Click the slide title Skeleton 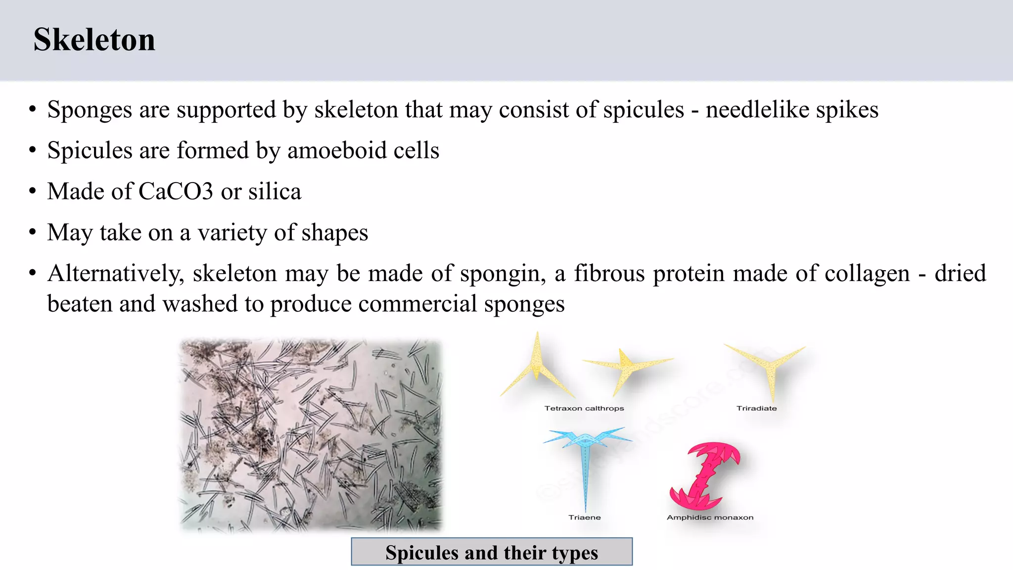(94, 40)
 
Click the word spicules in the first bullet (644, 110)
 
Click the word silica (275, 191)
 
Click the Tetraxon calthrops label (584, 408)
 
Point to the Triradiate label (756, 408)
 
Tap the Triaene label (585, 517)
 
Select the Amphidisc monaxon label (710, 517)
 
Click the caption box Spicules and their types (492, 552)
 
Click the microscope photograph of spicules (310, 434)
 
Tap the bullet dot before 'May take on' (33, 232)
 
